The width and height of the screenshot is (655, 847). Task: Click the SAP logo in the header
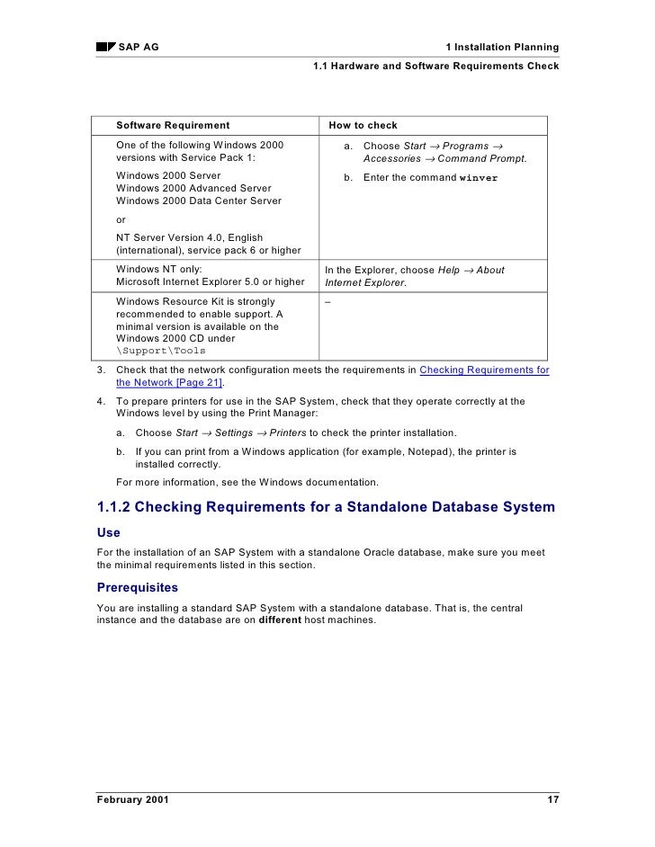pyautogui.click(x=106, y=47)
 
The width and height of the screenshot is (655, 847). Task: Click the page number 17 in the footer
pyautogui.click(x=552, y=799)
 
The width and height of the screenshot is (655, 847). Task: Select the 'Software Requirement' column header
pyautogui.click(x=173, y=125)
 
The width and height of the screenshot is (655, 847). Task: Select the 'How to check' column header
pyautogui.click(x=363, y=125)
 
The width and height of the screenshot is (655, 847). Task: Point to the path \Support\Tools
pyautogui.click(x=161, y=350)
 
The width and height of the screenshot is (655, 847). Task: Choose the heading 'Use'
pyautogui.click(x=108, y=532)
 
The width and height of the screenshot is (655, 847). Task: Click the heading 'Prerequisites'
pyautogui.click(x=137, y=588)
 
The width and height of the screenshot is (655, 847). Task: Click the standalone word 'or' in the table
pyautogui.click(x=122, y=219)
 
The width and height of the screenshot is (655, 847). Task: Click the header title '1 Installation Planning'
pyautogui.click(x=502, y=47)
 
